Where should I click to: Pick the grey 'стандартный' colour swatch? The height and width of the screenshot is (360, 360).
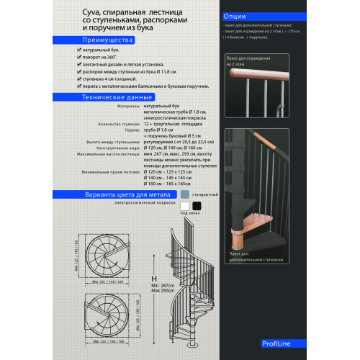pyautogui.click(x=186, y=194)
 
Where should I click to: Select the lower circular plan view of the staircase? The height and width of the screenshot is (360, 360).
pyautogui.click(x=107, y=310)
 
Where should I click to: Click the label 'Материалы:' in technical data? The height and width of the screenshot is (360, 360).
pyautogui.click(x=127, y=105)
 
